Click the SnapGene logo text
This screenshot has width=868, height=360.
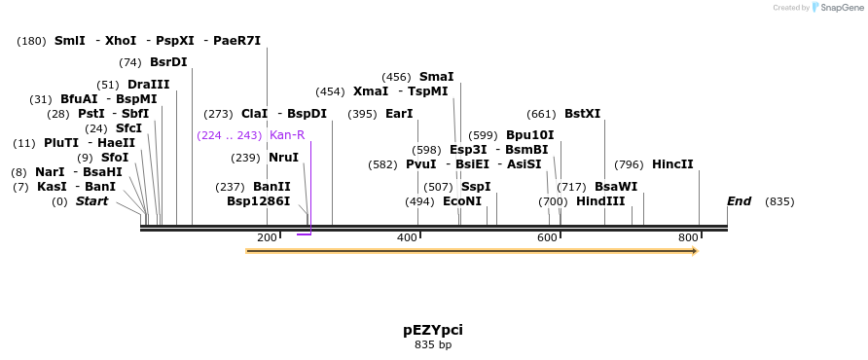841,8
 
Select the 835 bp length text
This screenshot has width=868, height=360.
433,344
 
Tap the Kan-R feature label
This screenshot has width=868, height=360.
287,135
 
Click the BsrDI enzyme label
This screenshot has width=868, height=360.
168,62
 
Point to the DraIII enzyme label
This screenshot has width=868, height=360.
148,85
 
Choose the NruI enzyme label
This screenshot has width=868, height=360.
283,158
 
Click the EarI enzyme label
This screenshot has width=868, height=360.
399,114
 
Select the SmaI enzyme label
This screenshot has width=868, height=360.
436,77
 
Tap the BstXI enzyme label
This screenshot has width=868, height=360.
583,114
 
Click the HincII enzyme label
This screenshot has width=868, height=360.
672,164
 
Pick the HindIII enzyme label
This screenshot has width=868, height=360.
600,201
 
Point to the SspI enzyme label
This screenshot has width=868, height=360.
476,187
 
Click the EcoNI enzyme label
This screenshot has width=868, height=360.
462,201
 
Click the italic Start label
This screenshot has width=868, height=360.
92,201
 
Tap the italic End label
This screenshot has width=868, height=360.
739,201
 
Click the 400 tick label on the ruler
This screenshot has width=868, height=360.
407,238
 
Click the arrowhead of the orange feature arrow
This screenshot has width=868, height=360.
694,251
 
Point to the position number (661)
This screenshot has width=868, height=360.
541,114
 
